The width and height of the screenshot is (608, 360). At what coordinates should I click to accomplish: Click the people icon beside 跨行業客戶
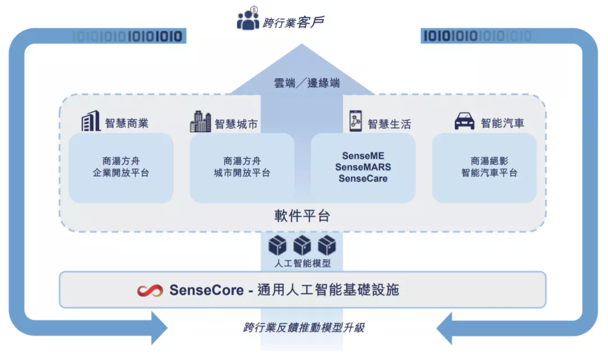click(248, 20)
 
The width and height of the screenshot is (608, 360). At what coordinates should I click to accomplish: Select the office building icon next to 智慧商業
click(91, 121)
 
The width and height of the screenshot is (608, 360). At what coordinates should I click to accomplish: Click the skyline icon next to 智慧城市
click(200, 121)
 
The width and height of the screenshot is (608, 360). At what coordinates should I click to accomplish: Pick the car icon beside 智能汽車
click(464, 121)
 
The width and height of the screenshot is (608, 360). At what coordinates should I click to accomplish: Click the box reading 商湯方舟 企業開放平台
click(121, 168)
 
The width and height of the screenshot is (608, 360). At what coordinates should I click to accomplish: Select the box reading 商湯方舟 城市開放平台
click(242, 168)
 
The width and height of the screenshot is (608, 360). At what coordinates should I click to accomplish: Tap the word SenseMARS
click(363, 167)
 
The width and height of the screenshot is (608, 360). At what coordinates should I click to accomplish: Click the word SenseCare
click(363, 178)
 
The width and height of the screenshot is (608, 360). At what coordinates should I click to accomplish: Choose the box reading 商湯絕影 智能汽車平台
click(484, 168)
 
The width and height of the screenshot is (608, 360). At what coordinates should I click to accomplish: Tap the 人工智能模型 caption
click(302, 263)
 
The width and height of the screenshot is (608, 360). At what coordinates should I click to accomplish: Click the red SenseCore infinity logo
click(150, 290)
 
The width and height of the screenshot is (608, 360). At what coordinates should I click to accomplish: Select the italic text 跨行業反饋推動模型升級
click(303, 327)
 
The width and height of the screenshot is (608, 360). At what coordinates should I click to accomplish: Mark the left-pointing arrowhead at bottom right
click(449, 326)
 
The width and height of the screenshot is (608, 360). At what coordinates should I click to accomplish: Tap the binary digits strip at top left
click(129, 37)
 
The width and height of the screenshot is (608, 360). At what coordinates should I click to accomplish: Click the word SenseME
click(363, 156)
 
